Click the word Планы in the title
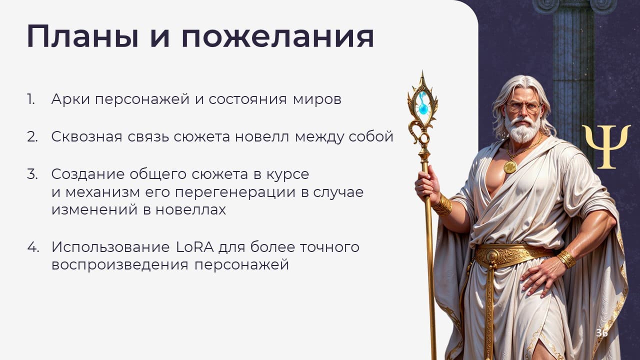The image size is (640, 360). pyautogui.click(x=83, y=36)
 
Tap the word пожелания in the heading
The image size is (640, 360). pyautogui.click(x=277, y=36)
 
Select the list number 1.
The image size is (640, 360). pyautogui.click(x=31, y=99)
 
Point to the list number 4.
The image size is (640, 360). pyautogui.click(x=33, y=247)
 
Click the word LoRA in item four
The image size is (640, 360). pyautogui.click(x=194, y=247)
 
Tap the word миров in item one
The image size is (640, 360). pyautogui.click(x=317, y=99)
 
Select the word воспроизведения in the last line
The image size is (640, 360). pyautogui.click(x=120, y=265)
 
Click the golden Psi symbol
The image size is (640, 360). pyautogui.click(x=606, y=147)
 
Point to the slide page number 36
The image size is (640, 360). pyautogui.click(x=601, y=333)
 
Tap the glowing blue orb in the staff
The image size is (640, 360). pyautogui.click(x=423, y=108)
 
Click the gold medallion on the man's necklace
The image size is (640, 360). pyautogui.click(x=510, y=166)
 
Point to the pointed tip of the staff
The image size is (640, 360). pyautogui.click(x=422, y=72)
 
